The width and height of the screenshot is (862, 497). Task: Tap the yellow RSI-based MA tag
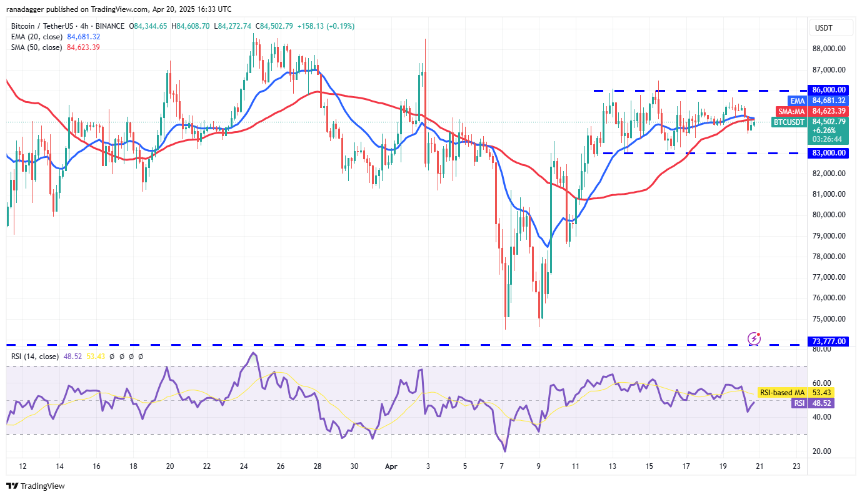pyautogui.click(x=781, y=393)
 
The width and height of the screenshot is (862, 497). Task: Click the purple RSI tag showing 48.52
pyautogui.click(x=799, y=403)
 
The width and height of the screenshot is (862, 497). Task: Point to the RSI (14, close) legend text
pyautogui.click(x=33, y=357)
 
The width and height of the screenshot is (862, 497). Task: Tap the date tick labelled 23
pyautogui.click(x=796, y=466)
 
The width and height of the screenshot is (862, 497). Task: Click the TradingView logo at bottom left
pyautogui.click(x=36, y=486)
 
